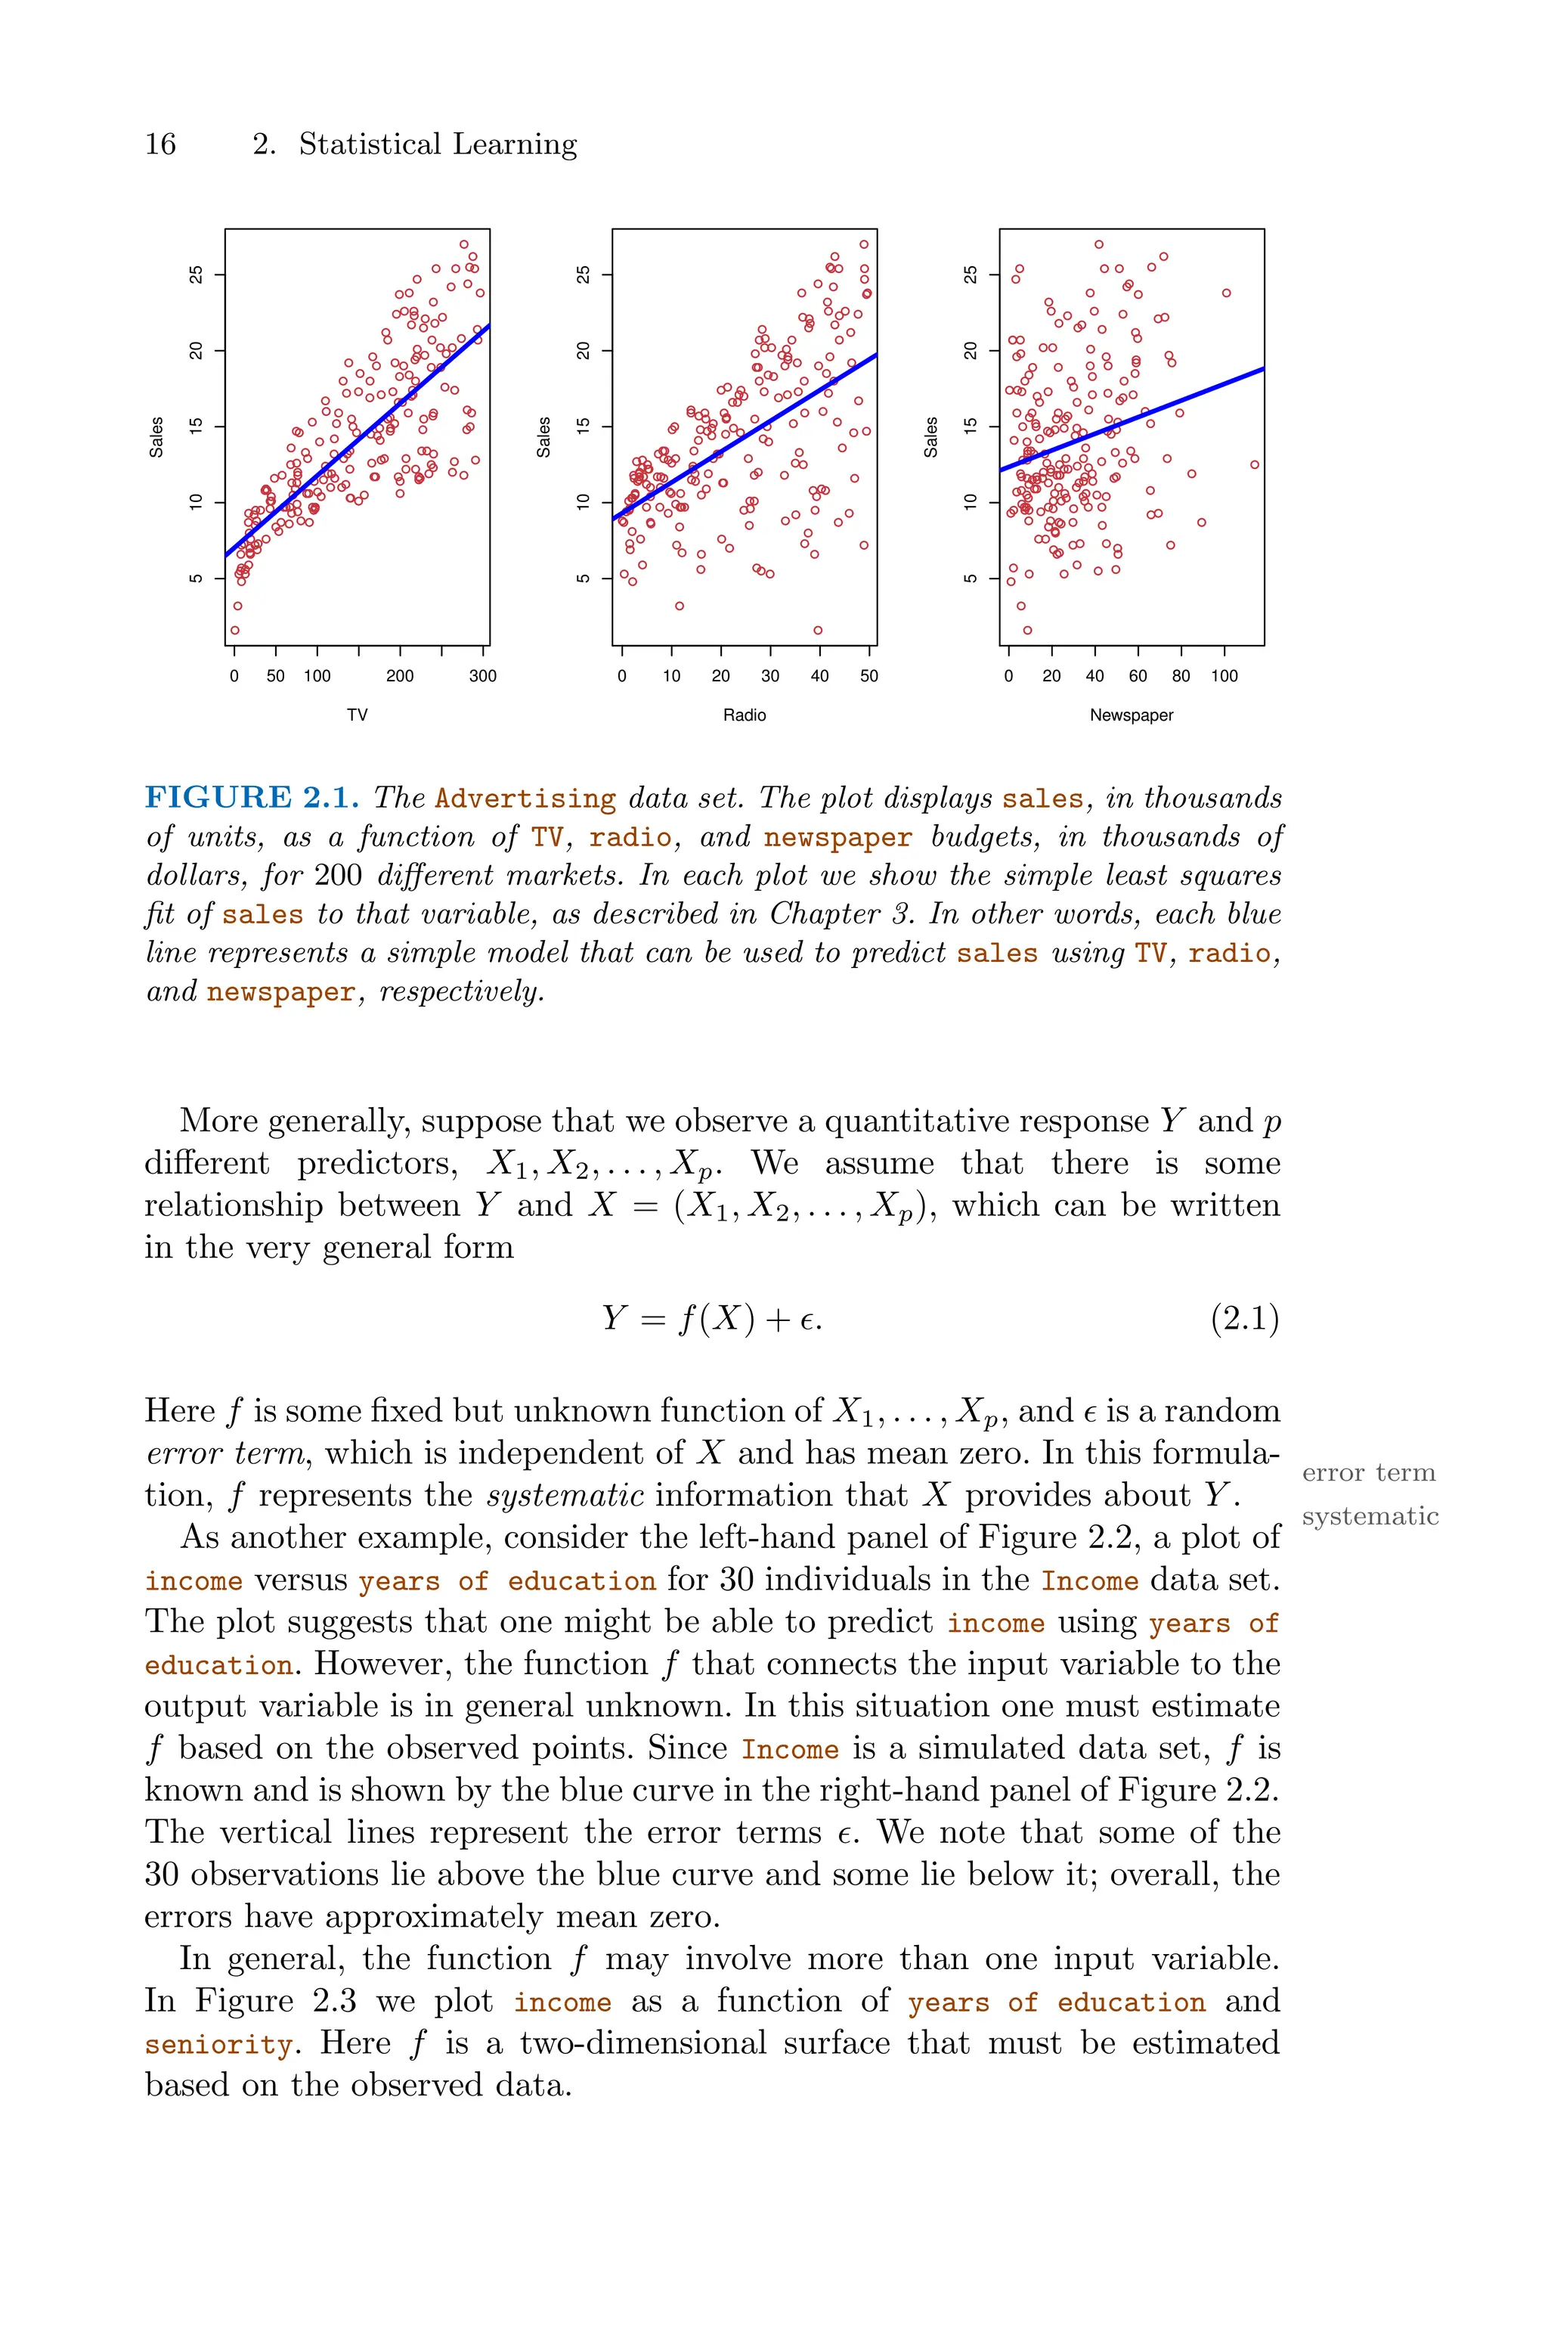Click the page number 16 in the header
(x=160, y=144)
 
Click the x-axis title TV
(x=358, y=715)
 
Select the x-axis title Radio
(x=745, y=715)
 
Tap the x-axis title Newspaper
(x=1132, y=715)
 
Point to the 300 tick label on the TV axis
(x=483, y=676)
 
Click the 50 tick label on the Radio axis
(x=868, y=676)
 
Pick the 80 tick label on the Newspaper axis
(x=1181, y=676)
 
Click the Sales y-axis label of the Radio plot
(x=543, y=437)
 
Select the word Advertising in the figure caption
(x=525, y=799)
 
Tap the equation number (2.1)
(x=1244, y=1319)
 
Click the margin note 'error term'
(x=1368, y=1473)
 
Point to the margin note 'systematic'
(x=1370, y=1517)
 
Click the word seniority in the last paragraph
(x=218, y=2045)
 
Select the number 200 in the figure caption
(x=338, y=876)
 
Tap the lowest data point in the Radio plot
(x=817, y=630)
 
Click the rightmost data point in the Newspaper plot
(x=1255, y=464)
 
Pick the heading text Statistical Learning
(x=438, y=144)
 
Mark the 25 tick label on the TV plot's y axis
(x=196, y=275)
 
